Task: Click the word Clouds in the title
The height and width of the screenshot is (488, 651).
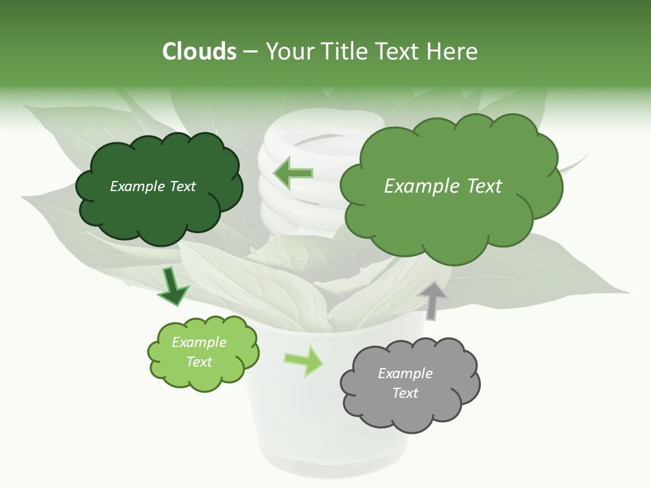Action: coord(199,52)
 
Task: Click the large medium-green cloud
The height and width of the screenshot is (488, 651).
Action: coord(451,217)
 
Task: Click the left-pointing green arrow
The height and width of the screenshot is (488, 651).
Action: coord(293,174)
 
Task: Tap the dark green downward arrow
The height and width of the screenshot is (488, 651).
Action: coord(173,287)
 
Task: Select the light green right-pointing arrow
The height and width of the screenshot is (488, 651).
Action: coord(304,361)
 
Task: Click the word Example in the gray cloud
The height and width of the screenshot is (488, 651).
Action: coord(405,373)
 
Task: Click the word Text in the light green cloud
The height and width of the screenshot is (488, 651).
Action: coord(199,362)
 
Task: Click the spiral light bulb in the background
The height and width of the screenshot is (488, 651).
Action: coord(298,203)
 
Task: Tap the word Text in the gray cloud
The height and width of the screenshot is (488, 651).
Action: coord(405,393)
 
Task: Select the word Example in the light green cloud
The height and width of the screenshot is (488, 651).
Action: coord(199,342)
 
